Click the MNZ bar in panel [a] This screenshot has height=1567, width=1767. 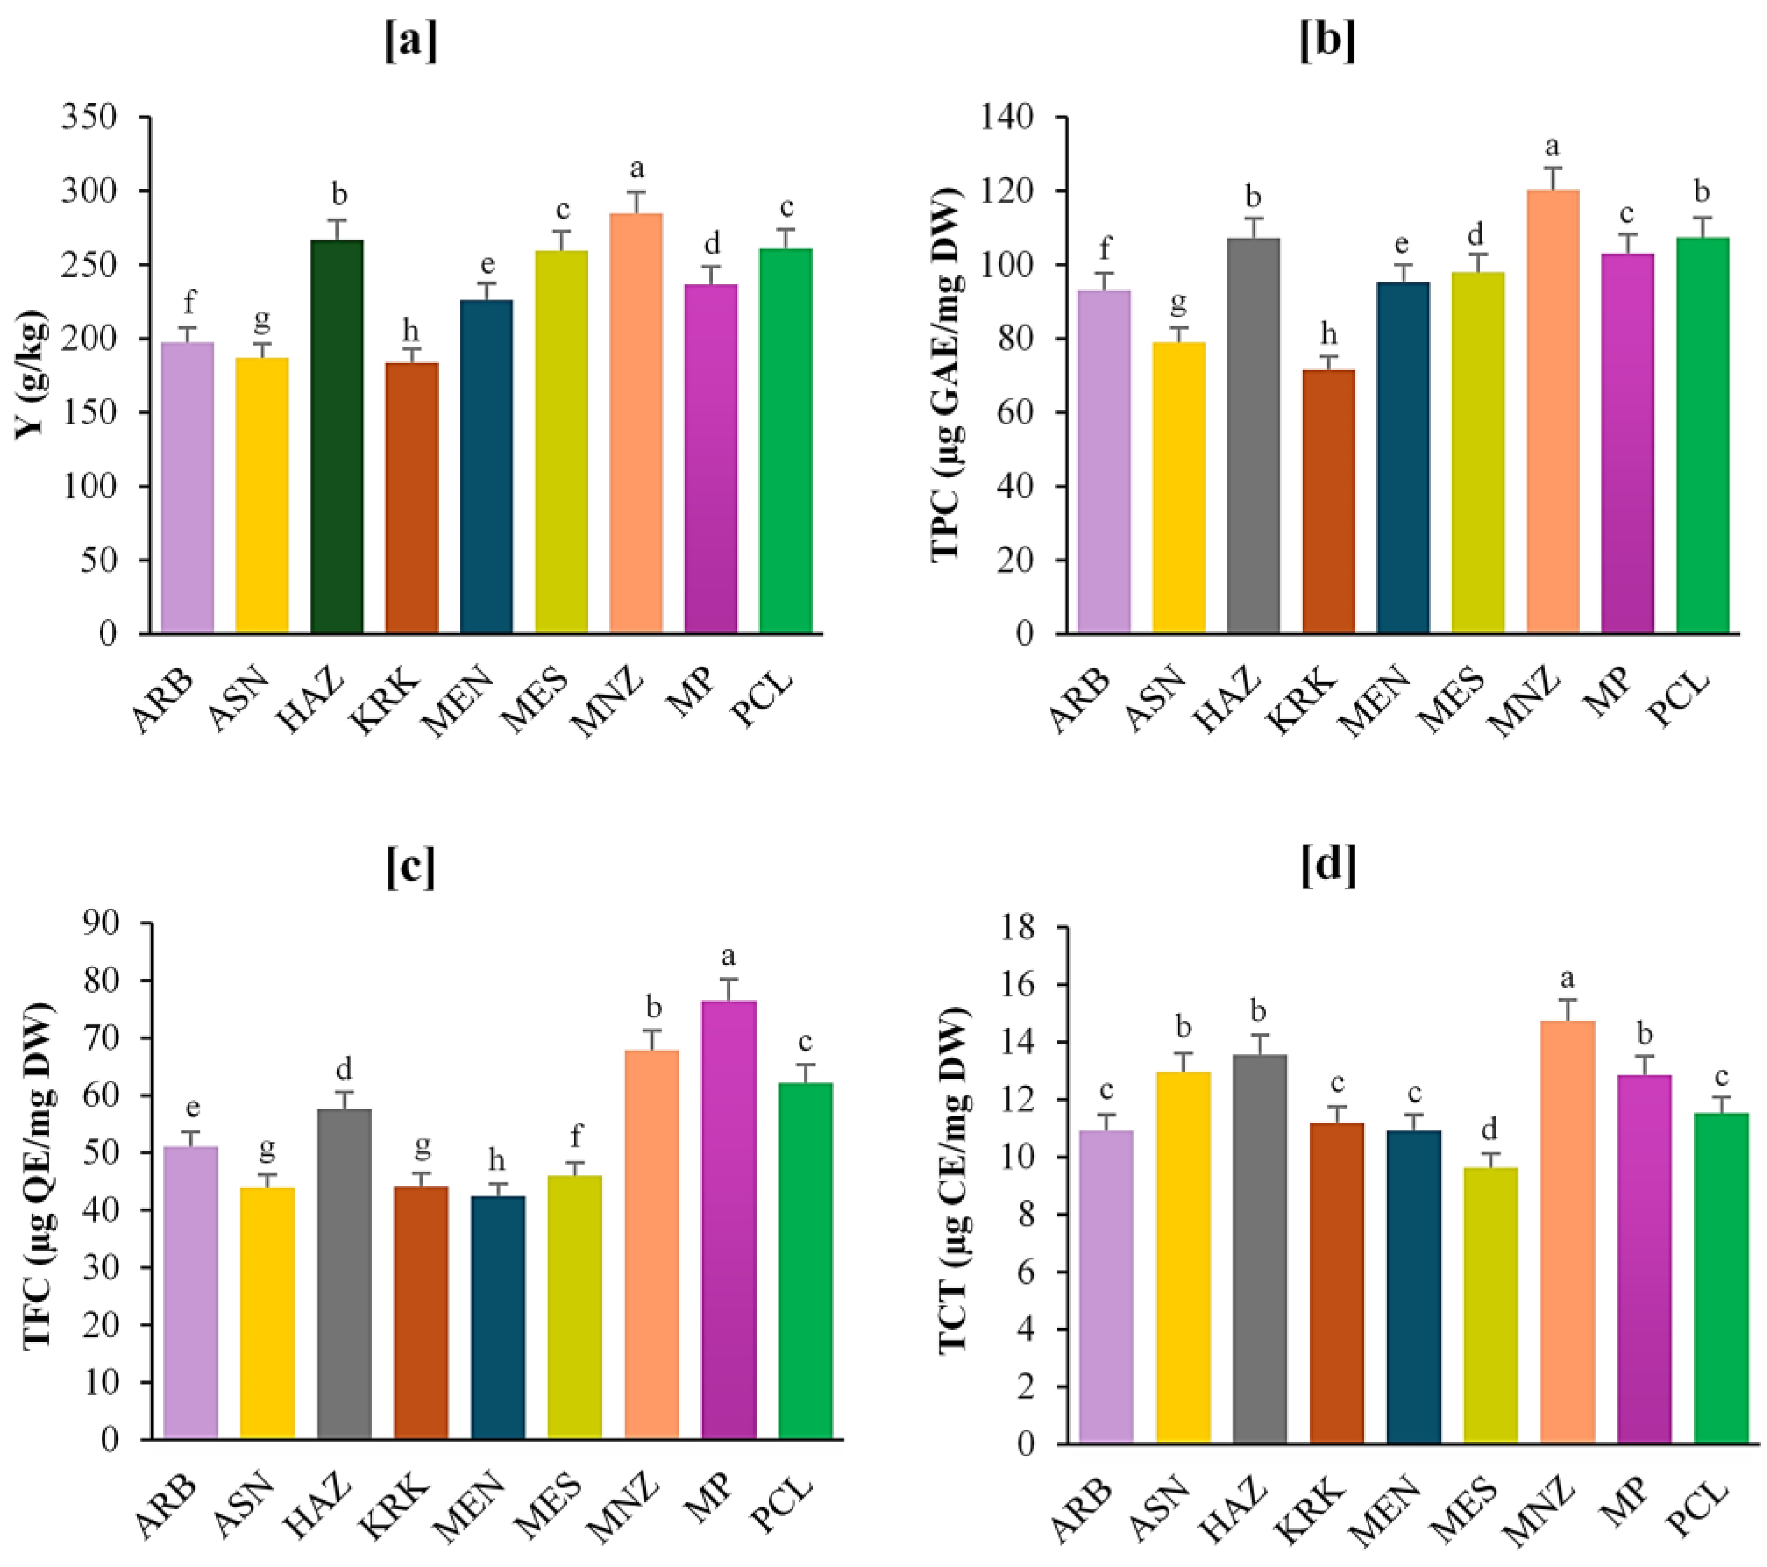[x=636, y=423]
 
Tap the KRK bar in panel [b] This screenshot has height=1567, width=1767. [x=1328, y=501]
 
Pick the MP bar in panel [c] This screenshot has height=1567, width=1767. [x=729, y=1219]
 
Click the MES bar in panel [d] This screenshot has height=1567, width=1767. [x=1490, y=1305]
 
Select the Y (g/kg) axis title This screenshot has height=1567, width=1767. [x=30, y=374]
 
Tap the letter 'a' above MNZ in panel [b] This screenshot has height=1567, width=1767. [x=1552, y=147]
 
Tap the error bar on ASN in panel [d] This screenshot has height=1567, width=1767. [x=1183, y=1061]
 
